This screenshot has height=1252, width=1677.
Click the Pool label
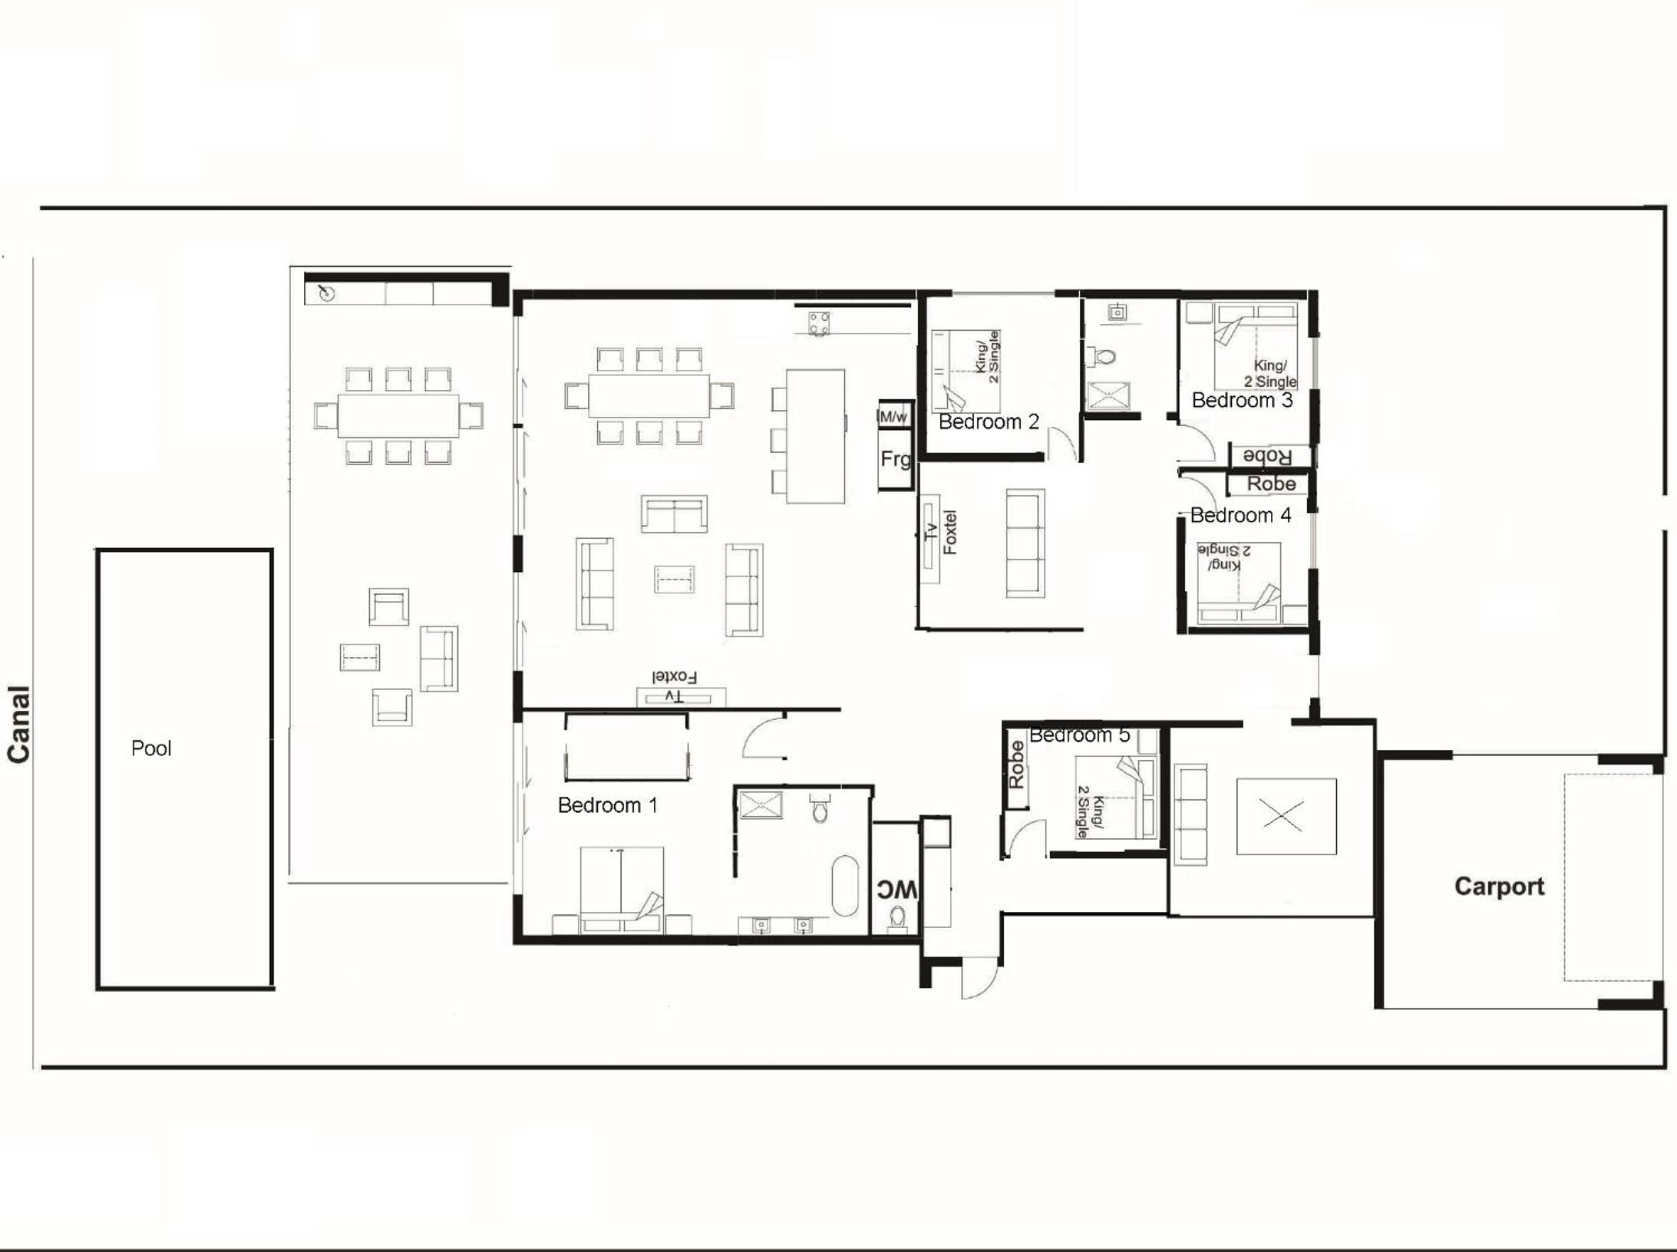[151, 748]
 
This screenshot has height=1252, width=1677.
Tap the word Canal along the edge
[18, 725]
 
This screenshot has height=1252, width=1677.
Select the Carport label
[1499, 887]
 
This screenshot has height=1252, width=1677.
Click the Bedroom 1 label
[607, 805]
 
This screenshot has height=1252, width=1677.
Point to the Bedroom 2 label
[989, 421]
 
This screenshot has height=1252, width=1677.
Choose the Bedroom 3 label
[1242, 400]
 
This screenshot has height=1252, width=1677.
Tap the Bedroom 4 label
[1240, 515]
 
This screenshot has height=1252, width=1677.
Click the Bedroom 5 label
[1079, 735]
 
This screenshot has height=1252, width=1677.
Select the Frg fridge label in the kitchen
[895, 459]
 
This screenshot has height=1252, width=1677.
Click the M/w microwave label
[893, 417]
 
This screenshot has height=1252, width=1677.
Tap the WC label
[896, 890]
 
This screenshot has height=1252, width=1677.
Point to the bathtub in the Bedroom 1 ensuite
[845, 886]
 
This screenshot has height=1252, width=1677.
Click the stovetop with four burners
[819, 323]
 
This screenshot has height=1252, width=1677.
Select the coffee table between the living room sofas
[674, 579]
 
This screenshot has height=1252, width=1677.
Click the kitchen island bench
[815, 436]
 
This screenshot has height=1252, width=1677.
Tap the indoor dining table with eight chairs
[649, 395]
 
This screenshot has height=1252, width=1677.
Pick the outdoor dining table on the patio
[398, 415]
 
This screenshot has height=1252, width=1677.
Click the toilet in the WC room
[896, 917]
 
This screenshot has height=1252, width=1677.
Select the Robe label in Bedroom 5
[1016, 765]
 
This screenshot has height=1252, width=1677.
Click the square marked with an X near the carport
[1286, 816]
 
